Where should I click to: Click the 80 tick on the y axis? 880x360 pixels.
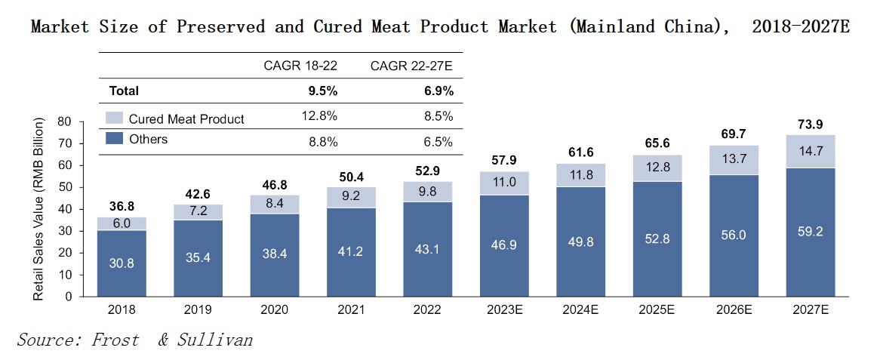pyautogui.click(x=64, y=122)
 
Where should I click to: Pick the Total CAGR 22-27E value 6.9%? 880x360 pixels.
pyautogui.click(x=438, y=91)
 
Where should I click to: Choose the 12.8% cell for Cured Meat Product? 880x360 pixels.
pyautogui.click(x=321, y=116)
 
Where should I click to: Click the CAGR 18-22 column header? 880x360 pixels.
pyautogui.click(x=300, y=66)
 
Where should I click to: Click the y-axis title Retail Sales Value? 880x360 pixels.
pyautogui.click(x=39, y=209)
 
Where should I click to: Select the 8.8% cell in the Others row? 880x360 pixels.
pyautogui.click(x=321, y=142)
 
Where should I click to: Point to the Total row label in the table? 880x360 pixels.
pyautogui.click(x=124, y=91)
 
